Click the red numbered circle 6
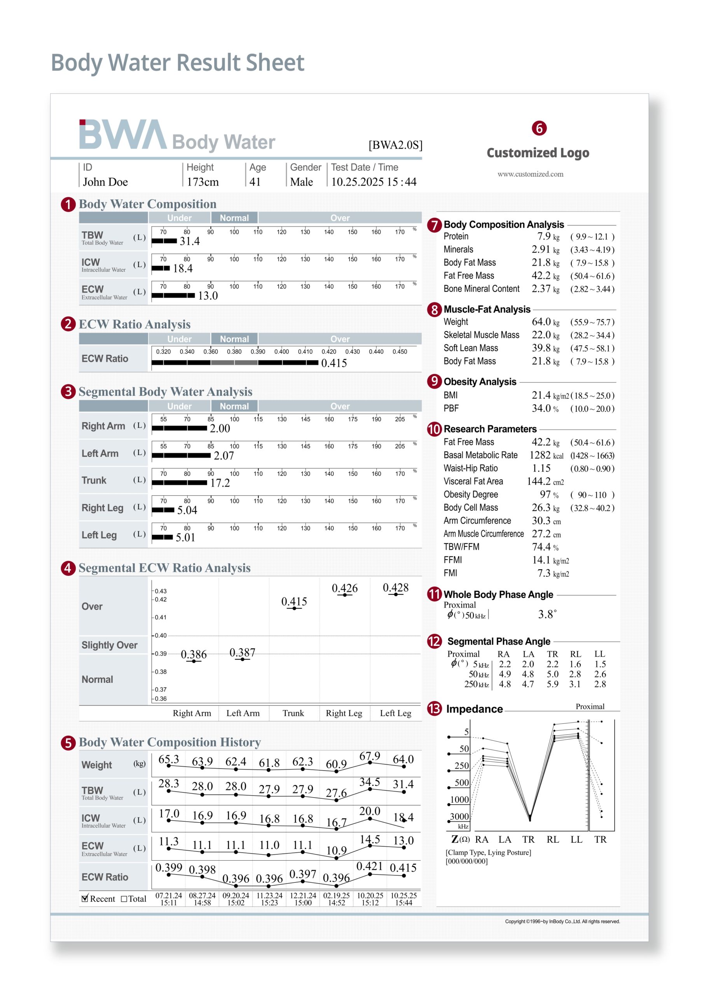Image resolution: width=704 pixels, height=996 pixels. (539, 128)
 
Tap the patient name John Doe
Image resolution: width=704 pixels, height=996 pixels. (105, 182)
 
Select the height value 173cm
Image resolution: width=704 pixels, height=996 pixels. (203, 182)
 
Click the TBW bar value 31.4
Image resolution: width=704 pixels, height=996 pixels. (190, 241)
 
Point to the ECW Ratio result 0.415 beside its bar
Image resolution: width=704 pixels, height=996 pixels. (334, 363)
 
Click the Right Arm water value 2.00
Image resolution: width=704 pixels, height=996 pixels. (220, 429)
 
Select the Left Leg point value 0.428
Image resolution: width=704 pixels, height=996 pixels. (395, 588)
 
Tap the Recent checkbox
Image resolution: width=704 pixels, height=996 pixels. (85, 898)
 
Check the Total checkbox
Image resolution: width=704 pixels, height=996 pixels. (124, 899)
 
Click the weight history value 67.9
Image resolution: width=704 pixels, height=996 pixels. (369, 757)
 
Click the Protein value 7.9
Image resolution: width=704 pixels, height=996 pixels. (543, 237)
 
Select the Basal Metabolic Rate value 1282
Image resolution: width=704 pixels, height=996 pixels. (540, 455)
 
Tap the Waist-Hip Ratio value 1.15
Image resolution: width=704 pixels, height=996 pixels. (541, 468)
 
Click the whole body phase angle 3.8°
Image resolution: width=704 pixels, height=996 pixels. (547, 614)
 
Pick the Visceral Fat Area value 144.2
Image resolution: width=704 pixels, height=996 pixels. (538, 482)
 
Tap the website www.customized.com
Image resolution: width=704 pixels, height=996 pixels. (530, 174)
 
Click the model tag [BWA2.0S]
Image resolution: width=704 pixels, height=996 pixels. (395, 145)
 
